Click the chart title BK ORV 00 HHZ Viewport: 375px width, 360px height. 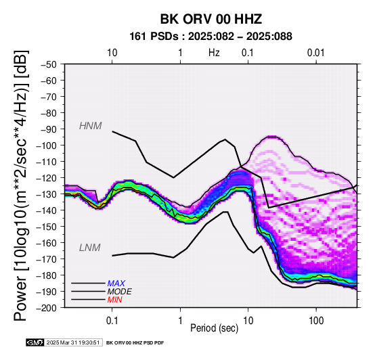[x=211, y=19]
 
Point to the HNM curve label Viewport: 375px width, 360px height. [x=91, y=126]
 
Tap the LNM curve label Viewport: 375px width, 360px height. [x=89, y=248]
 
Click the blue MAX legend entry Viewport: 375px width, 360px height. [x=116, y=284]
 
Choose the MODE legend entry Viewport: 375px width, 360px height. [x=119, y=292]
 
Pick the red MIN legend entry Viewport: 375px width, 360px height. [x=114, y=300]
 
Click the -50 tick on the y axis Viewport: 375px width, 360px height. [x=49, y=64]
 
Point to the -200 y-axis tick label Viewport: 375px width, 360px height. [x=47, y=308]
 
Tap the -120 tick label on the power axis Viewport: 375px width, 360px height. [x=47, y=178]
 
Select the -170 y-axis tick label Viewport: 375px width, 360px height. [x=47, y=259]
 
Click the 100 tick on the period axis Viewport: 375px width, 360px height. [x=316, y=321]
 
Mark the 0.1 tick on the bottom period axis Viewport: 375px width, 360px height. [x=112, y=321]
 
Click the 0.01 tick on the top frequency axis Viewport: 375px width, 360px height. [x=316, y=53]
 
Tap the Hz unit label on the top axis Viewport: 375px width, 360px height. [x=214, y=53]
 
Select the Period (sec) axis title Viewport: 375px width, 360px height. [x=215, y=328]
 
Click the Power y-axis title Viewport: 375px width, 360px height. [x=20, y=185]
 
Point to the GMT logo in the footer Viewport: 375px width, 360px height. [x=35, y=342]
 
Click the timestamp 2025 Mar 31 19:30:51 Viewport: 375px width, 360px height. [x=73, y=342]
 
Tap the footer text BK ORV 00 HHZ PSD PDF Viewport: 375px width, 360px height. [x=135, y=343]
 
